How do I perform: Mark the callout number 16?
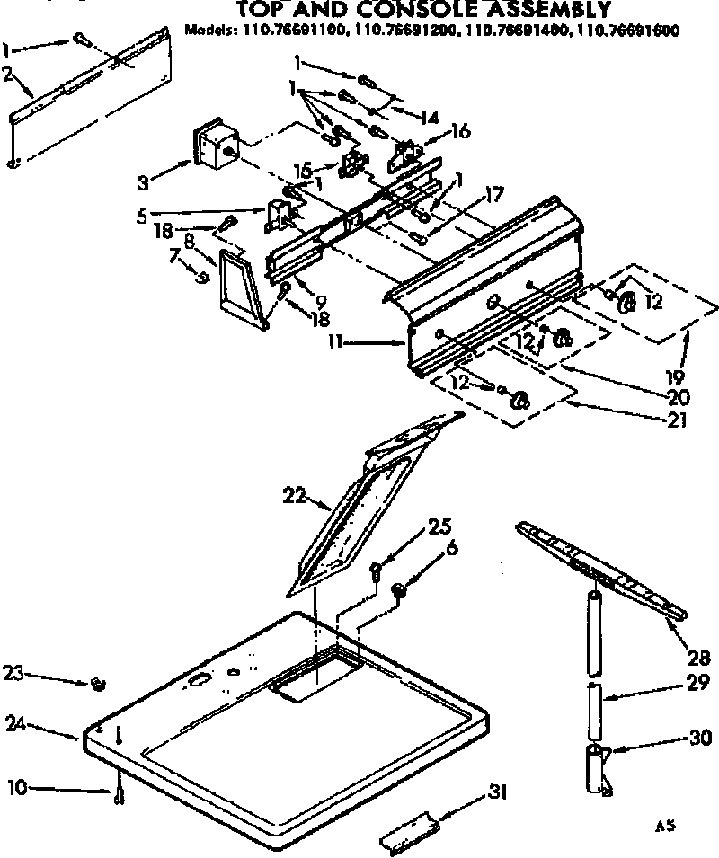pos(460,131)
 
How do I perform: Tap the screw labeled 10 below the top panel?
pos(120,794)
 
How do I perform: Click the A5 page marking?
pos(665,825)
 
